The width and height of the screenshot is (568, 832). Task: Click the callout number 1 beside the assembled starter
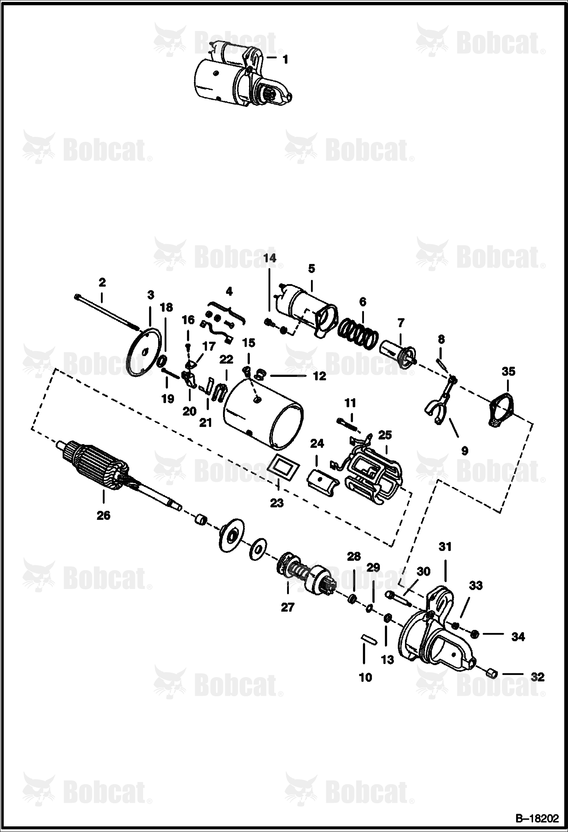click(x=285, y=60)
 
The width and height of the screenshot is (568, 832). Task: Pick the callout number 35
click(x=508, y=371)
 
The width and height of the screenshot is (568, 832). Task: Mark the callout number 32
click(x=537, y=677)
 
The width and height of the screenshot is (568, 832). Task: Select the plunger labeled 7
click(x=398, y=352)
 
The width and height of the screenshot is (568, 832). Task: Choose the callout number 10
click(x=366, y=677)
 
